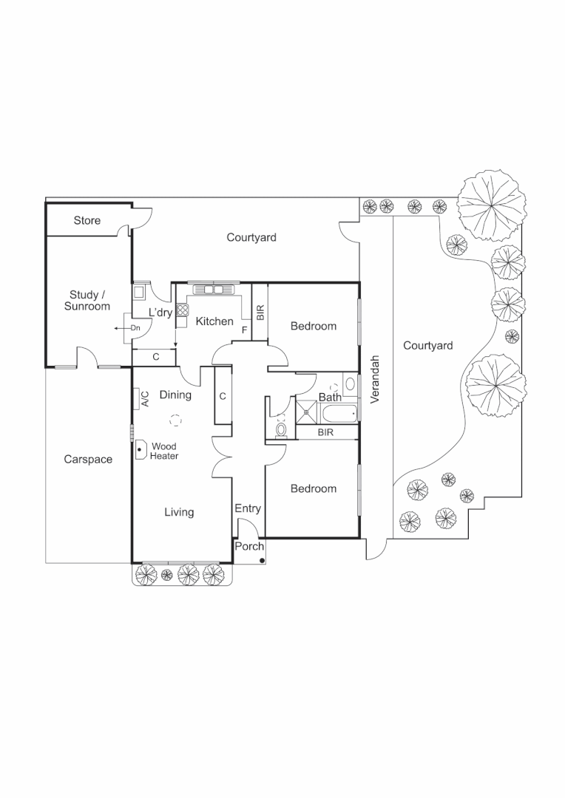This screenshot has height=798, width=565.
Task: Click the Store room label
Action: coord(87,221)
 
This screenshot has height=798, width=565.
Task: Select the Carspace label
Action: coord(88,460)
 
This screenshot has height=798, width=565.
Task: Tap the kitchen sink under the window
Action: coord(214,289)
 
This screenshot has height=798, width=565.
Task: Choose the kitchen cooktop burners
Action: coord(181,310)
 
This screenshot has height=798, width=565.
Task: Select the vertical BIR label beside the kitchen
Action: coord(260,312)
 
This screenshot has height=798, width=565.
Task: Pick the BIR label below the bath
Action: coord(325,432)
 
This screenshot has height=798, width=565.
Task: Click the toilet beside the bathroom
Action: coord(281,429)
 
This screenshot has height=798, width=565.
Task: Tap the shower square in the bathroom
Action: coord(305,409)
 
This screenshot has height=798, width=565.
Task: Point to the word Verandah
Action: coord(375,379)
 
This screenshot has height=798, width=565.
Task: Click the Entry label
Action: coord(248,508)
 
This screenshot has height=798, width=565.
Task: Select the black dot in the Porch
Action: coord(262,561)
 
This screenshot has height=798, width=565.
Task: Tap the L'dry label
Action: coord(160,313)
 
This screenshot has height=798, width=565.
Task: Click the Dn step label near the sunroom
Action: coord(135,327)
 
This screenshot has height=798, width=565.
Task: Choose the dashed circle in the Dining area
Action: coord(175,420)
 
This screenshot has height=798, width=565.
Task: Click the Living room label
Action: coord(179,512)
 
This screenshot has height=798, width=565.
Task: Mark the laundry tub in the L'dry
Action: coord(139,293)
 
